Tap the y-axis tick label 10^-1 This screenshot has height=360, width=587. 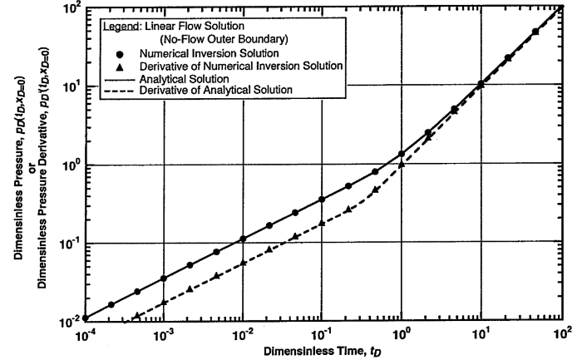point(69,244)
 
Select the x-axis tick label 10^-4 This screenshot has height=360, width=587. point(86,334)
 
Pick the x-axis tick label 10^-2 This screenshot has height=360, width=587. point(243,334)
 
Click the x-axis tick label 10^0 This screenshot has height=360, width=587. point(402,334)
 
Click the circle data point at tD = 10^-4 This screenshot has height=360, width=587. point(86,318)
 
